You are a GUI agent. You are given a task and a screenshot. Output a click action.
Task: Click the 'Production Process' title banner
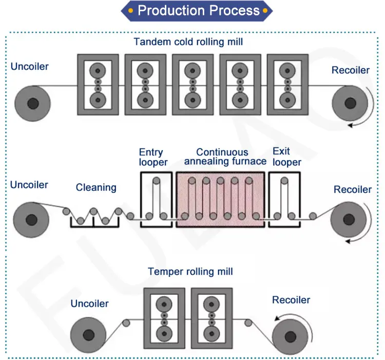tap(197, 11)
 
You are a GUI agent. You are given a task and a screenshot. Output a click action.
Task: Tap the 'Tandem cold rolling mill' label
tap(188, 42)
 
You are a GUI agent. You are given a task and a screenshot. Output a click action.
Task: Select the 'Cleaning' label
tap(96, 188)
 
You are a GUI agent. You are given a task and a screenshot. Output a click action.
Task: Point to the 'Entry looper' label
tap(153, 157)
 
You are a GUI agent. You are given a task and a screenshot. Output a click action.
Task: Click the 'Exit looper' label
tap(287, 157)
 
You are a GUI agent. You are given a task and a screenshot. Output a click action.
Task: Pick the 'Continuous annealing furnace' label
tap(225, 157)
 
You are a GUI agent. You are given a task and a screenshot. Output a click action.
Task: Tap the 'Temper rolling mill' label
tap(190, 272)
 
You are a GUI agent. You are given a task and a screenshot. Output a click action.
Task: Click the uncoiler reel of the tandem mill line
tap(33, 103)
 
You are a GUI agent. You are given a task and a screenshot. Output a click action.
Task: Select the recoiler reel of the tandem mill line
tap(350, 103)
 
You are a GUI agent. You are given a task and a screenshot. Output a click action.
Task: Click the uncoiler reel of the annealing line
tap(31, 219)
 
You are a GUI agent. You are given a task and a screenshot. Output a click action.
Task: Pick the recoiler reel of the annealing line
tap(349, 219)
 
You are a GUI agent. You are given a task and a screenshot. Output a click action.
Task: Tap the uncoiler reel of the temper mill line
tap(88, 335)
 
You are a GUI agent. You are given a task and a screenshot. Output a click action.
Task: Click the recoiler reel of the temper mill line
tap(290, 336)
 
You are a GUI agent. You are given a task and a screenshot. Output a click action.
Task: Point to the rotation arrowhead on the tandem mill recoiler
tap(351, 125)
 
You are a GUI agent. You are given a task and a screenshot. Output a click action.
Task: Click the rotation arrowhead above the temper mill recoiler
tap(277, 318)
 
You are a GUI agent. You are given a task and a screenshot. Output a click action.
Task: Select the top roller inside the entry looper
tap(156, 181)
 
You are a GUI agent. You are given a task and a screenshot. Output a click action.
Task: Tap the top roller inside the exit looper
tap(284, 181)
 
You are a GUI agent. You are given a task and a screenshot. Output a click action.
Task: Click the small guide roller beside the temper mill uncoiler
tap(126, 323)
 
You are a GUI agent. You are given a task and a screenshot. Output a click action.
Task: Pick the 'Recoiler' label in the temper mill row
tap(291, 300)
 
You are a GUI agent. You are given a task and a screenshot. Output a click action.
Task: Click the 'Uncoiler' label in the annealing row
tap(29, 185)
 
